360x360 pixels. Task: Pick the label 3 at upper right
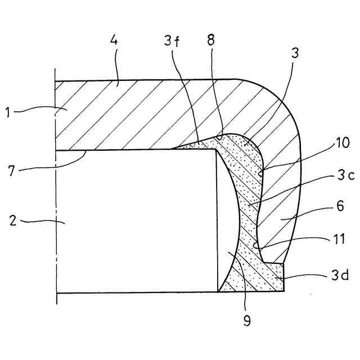coord(295,55)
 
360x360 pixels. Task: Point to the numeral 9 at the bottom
coord(246,321)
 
